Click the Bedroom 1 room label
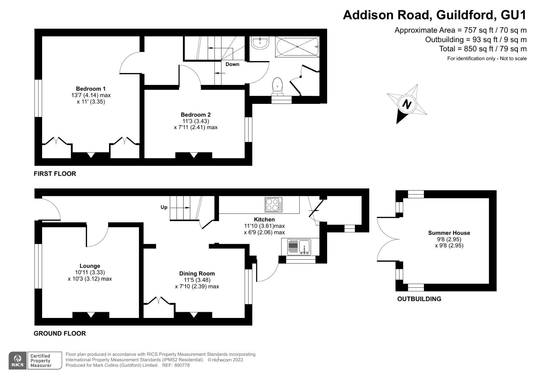[x=91, y=89]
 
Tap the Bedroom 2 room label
[x=196, y=115]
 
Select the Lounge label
[x=90, y=266]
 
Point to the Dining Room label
[x=197, y=274]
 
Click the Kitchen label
[x=264, y=220]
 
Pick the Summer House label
[x=449, y=233]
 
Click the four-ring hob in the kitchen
[x=273, y=205]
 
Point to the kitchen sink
[x=299, y=247]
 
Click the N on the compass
[x=406, y=105]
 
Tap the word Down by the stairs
[x=232, y=64]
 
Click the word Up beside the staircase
[x=164, y=207]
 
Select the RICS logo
[x=17, y=360]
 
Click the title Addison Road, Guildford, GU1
[x=435, y=15]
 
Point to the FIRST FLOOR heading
[x=55, y=174]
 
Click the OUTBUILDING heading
[x=419, y=299]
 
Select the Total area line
[x=483, y=49]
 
